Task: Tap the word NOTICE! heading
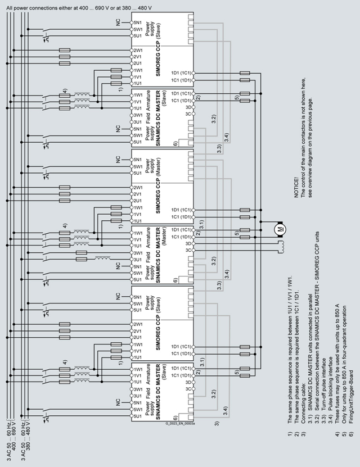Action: coord(296,185)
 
